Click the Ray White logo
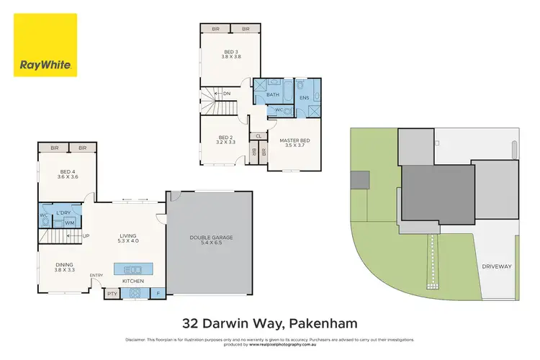45,45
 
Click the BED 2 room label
226,140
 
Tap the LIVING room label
128,238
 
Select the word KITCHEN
132,281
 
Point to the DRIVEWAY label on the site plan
497,266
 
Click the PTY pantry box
112,294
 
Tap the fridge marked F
158,294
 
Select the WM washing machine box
70,223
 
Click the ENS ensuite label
304,97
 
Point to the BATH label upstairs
273,95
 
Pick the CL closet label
258,135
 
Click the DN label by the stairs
227,93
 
